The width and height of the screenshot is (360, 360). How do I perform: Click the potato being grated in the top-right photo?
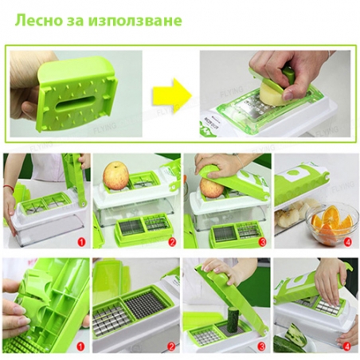(x=270, y=94)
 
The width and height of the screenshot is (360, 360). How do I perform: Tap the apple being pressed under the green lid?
(x=211, y=188)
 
